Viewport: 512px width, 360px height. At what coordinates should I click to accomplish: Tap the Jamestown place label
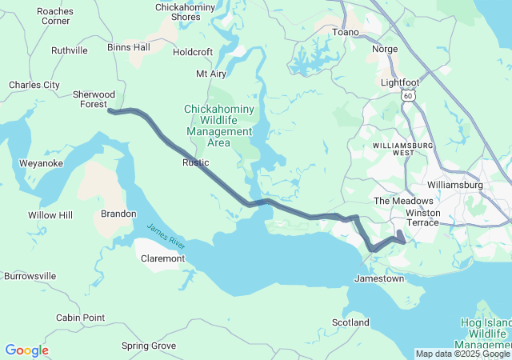(x=379, y=279)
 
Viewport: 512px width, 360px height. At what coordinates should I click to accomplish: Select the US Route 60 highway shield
(x=408, y=96)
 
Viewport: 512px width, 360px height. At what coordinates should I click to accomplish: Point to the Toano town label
(x=346, y=33)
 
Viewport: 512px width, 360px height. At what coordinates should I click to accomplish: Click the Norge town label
(x=385, y=49)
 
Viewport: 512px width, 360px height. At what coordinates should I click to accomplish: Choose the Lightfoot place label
(x=398, y=82)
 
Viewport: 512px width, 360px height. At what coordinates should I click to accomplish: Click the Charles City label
(x=34, y=84)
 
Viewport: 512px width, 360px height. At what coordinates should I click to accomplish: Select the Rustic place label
(x=196, y=163)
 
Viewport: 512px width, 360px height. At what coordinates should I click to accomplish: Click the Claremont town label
(x=162, y=258)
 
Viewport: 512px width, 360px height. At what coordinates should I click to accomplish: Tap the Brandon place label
(x=118, y=214)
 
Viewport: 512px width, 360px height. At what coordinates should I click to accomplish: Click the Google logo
(x=26, y=350)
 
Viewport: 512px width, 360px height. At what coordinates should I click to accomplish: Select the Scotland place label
(x=350, y=322)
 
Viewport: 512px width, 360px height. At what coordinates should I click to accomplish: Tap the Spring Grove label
(x=149, y=346)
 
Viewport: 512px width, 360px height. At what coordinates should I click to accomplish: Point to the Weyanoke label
(x=41, y=163)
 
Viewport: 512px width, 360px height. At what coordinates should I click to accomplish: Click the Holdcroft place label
(x=193, y=53)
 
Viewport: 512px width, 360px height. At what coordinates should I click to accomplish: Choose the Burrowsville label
(x=30, y=276)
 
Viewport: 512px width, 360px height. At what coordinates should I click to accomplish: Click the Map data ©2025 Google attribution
(x=462, y=354)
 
